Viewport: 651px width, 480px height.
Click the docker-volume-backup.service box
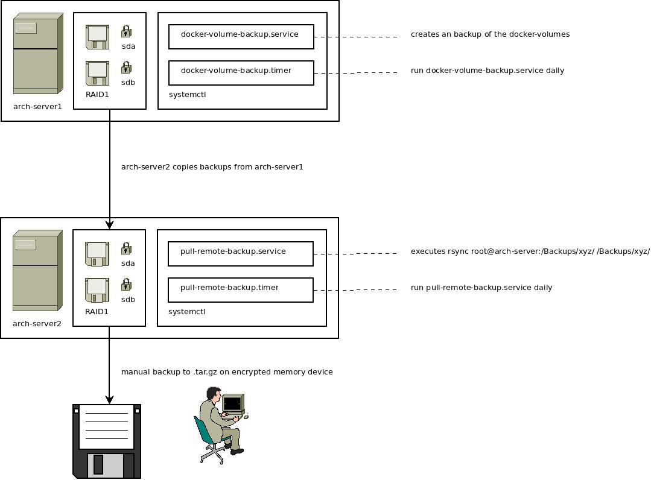[x=241, y=37]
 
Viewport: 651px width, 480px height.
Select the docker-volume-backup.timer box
[x=241, y=73]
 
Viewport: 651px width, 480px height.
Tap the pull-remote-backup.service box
[x=241, y=254]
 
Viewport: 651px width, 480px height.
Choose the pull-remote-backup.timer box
[x=241, y=290]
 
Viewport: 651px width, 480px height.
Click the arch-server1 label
[x=37, y=107]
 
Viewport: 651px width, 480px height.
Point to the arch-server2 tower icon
[x=37, y=270]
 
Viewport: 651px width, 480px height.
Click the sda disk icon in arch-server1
[x=97, y=37]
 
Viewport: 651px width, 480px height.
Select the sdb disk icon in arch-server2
[x=97, y=290]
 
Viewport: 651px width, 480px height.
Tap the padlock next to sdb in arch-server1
[x=126, y=67]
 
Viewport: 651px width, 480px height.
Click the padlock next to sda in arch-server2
[x=126, y=248]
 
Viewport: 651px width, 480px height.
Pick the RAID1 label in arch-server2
[x=97, y=312]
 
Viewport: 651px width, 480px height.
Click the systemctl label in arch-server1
[x=187, y=95]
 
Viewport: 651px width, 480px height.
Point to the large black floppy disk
[x=107, y=441]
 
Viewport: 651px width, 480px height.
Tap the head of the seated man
[x=212, y=394]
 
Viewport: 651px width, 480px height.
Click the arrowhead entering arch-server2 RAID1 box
[x=109, y=225]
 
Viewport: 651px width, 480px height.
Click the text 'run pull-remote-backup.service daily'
[x=481, y=288]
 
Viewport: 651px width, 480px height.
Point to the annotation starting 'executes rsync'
[x=530, y=251]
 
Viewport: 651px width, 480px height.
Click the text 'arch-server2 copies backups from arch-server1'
[x=212, y=167]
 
